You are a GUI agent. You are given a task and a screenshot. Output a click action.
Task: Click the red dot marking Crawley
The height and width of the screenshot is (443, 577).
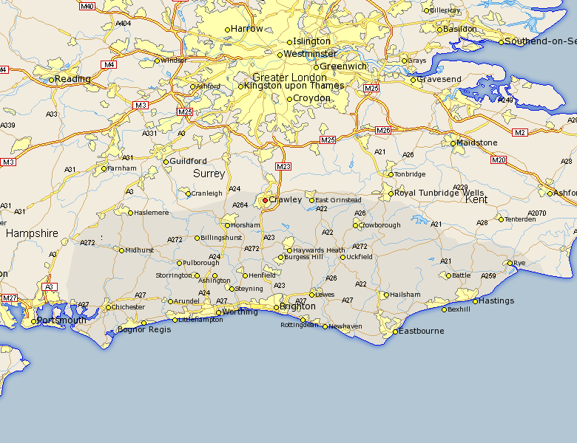(x=266, y=200)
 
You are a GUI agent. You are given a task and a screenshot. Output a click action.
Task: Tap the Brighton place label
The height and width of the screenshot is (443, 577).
(x=298, y=306)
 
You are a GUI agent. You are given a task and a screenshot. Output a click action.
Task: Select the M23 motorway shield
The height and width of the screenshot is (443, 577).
(x=283, y=167)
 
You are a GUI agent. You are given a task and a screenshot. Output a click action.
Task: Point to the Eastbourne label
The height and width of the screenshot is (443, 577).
(x=422, y=331)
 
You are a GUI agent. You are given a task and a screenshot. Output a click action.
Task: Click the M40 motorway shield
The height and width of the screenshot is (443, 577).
(x=87, y=7)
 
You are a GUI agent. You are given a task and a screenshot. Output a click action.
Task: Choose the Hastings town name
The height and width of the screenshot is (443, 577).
(x=496, y=301)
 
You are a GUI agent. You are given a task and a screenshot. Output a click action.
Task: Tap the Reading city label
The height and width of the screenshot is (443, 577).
(x=73, y=79)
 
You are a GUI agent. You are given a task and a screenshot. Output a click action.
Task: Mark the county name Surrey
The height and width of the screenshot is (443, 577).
(x=209, y=174)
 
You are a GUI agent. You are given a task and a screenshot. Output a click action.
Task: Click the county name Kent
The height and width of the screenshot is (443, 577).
(x=476, y=199)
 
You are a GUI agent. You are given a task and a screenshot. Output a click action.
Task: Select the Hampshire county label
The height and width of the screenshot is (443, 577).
(x=32, y=233)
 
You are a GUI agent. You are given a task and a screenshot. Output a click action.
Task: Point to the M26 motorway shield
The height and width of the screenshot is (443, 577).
(x=382, y=131)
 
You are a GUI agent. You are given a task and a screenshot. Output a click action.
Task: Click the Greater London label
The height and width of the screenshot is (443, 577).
(x=289, y=78)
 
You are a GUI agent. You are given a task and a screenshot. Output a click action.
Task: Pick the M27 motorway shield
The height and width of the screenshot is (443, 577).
(x=10, y=298)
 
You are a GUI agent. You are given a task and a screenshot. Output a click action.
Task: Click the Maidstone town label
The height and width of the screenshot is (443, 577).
(x=478, y=142)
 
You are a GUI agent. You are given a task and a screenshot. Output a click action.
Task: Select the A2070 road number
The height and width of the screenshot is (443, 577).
(x=537, y=213)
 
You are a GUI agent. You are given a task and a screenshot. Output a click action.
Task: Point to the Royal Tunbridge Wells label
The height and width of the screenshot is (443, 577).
(x=440, y=193)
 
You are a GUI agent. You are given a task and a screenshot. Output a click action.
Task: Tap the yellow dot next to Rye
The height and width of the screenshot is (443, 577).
(x=510, y=263)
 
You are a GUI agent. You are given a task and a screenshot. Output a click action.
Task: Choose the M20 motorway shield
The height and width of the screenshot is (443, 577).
(x=498, y=159)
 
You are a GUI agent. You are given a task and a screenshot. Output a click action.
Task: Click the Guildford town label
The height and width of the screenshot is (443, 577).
(x=188, y=161)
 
